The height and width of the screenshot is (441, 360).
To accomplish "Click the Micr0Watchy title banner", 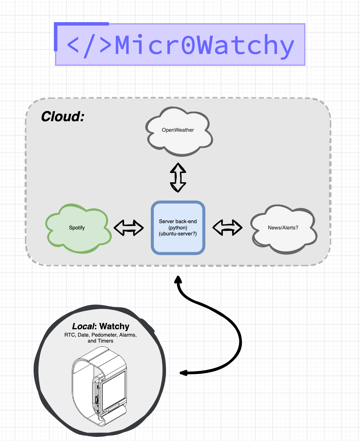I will click(x=180, y=44).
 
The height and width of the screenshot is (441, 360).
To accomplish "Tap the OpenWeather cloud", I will click(x=178, y=131).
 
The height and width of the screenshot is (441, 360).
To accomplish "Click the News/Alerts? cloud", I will click(x=283, y=229).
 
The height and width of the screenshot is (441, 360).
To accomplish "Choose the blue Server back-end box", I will click(x=178, y=228).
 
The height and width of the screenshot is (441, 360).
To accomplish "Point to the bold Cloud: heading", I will click(x=63, y=117).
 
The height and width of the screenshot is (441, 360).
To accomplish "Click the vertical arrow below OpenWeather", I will click(x=178, y=177).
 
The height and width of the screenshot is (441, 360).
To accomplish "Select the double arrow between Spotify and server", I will click(x=129, y=228).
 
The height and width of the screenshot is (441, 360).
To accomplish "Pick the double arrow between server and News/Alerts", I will click(x=227, y=228).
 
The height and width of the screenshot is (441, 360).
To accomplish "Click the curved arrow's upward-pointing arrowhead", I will click(x=178, y=279).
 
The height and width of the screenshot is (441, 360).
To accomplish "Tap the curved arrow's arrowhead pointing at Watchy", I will click(x=183, y=373).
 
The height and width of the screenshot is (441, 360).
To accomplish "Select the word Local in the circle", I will click(x=83, y=326).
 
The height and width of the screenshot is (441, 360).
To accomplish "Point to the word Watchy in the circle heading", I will click(x=114, y=326).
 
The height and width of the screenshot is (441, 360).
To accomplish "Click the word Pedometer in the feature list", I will click(x=104, y=335).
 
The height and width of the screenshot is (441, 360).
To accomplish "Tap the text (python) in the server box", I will click(x=178, y=228).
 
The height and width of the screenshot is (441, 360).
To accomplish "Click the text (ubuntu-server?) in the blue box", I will click(x=178, y=234).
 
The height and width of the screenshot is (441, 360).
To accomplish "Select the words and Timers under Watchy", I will click(x=101, y=341).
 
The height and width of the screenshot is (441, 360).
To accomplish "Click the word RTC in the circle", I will click(x=69, y=335).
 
